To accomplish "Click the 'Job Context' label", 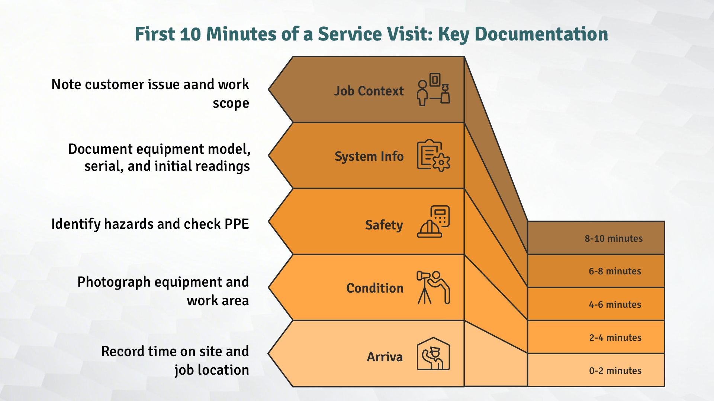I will click(369, 91).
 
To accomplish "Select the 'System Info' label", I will click(369, 156).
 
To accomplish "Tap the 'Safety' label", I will click(384, 225).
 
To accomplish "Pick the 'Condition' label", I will click(375, 288).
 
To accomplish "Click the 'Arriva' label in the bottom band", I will click(385, 357).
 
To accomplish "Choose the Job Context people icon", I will click(433, 90).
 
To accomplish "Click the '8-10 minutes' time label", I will click(614, 238).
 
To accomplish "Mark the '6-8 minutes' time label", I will click(615, 271).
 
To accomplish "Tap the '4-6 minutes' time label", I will click(615, 304).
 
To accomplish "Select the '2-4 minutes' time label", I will click(615, 338).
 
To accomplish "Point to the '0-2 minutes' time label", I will click(615, 371).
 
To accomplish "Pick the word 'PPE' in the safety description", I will click(237, 224).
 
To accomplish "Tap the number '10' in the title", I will click(190, 34).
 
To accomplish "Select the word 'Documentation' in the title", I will click(541, 34).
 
